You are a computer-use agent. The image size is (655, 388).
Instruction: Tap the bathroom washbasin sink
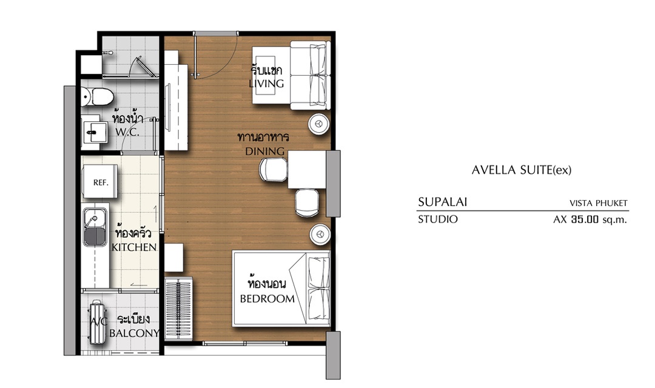coord(92,132)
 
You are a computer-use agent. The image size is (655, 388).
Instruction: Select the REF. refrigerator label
coord(101,182)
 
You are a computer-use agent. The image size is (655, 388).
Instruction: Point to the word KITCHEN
coord(134,247)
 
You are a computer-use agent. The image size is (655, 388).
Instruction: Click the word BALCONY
coord(135,333)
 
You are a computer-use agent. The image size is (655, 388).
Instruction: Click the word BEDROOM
coord(267,299)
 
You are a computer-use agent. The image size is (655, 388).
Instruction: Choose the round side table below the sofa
coord(319,124)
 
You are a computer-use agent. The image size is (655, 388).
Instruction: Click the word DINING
coord(265,151)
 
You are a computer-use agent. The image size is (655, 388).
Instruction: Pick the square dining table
coord(307,170)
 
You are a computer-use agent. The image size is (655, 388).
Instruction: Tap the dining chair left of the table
coord(273,170)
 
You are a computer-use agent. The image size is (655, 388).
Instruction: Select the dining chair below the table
coord(307,202)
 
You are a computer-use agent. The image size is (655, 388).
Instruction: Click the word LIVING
coord(266,84)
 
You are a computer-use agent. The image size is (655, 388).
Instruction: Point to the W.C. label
coord(127,132)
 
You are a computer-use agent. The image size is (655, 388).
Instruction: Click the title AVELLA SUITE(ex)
coord(522,170)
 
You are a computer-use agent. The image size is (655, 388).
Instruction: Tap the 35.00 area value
coord(585,219)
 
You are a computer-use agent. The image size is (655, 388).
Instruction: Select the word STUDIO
coord(438,219)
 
